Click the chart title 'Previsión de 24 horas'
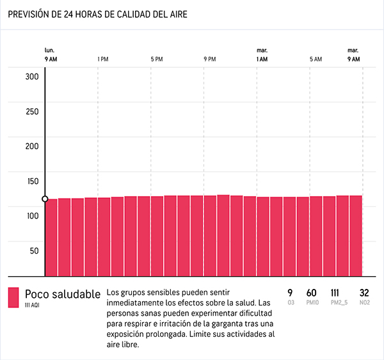98,14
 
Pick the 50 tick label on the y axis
33,250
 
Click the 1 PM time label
102,59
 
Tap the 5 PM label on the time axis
156,59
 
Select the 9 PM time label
209,59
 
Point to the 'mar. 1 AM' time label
262,54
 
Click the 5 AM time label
316,59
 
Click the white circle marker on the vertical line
45,199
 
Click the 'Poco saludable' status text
63,294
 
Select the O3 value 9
290,293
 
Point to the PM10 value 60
312,293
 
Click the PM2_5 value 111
335,293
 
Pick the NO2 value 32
365,293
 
